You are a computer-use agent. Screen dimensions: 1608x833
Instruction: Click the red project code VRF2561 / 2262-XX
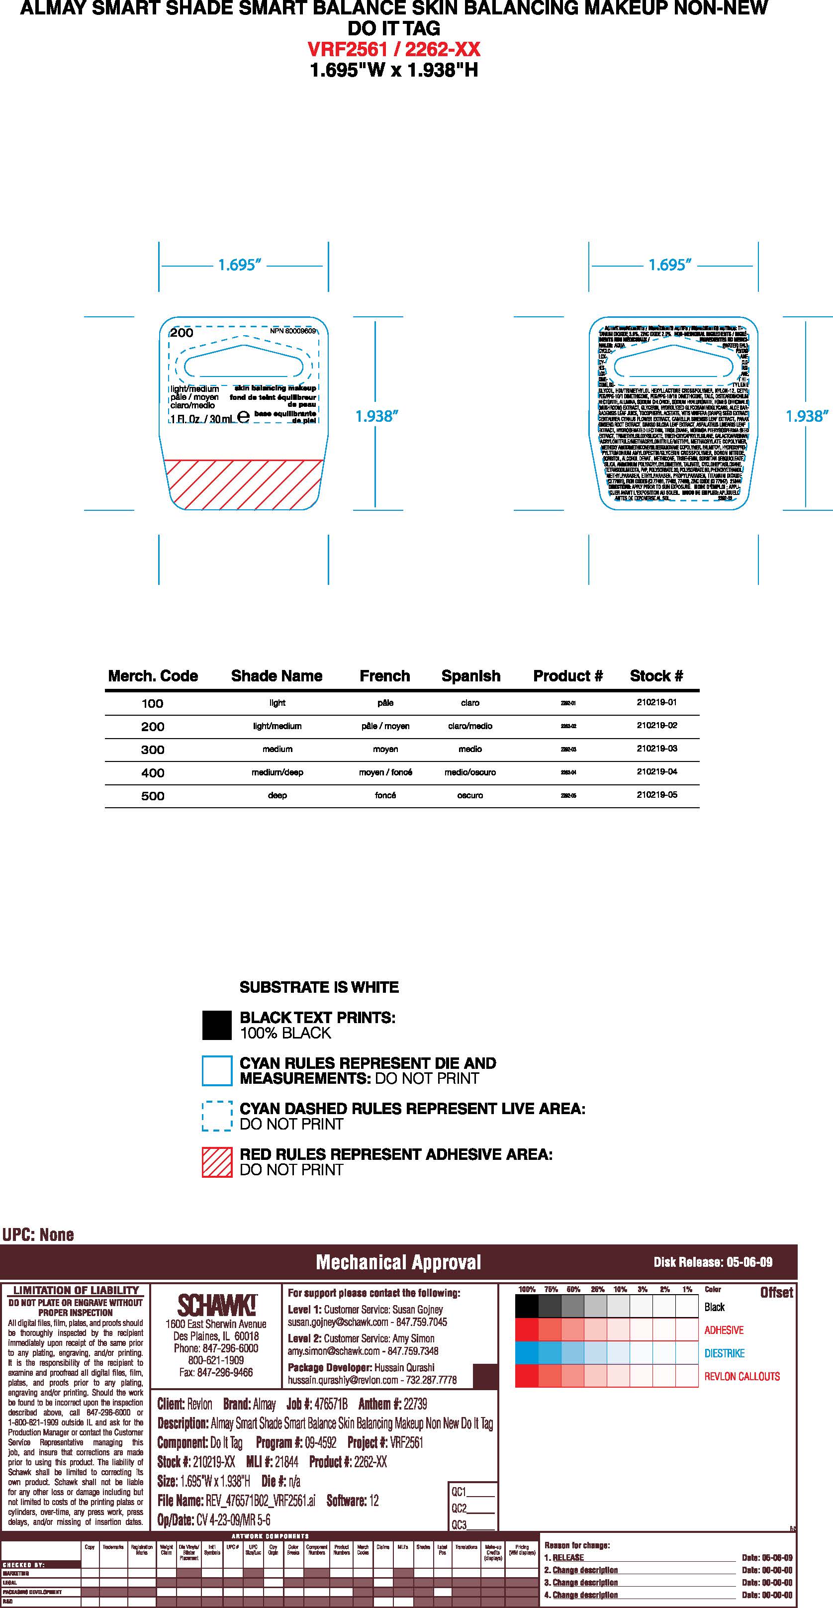point(394,49)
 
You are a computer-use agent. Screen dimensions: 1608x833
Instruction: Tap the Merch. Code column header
point(153,676)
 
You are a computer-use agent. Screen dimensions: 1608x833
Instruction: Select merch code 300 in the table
point(153,750)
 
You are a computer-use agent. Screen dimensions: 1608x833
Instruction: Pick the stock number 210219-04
point(656,771)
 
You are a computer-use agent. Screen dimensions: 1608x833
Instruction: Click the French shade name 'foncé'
point(385,795)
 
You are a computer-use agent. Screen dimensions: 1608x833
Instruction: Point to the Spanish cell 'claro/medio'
point(470,726)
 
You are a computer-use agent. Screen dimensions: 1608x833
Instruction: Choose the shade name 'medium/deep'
point(277,772)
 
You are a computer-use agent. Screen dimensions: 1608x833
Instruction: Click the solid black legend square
point(216,1026)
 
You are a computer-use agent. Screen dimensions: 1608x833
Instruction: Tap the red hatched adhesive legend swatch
point(216,1162)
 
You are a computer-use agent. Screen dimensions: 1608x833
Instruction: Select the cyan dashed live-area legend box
point(216,1116)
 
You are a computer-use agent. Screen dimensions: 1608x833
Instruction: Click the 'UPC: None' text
point(38,1234)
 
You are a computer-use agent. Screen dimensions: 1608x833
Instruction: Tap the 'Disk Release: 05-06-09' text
point(713,1262)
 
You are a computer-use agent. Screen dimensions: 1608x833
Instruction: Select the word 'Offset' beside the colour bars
point(776,1293)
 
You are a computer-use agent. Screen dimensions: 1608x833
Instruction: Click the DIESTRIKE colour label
point(724,1353)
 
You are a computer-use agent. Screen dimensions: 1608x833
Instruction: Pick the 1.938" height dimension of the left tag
point(376,416)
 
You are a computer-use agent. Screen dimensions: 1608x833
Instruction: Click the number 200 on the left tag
point(182,333)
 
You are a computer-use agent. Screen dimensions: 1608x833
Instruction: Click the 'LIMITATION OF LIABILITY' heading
point(76,1290)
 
